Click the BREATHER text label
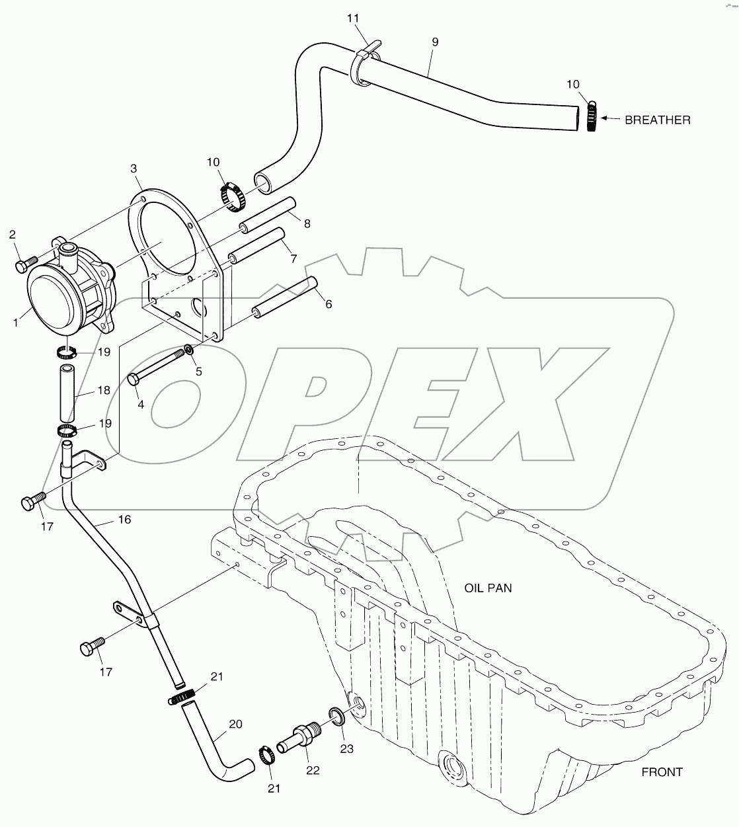(657, 120)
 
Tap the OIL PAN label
(488, 587)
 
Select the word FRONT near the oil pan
(662, 771)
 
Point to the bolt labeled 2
(23, 265)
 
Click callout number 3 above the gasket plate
(134, 168)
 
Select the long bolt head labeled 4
(133, 379)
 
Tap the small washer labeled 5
(189, 350)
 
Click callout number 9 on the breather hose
(434, 42)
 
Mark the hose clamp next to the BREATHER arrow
(592, 116)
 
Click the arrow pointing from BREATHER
(611, 120)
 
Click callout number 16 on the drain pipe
(124, 520)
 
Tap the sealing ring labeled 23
(336, 715)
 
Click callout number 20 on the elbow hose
(235, 724)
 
